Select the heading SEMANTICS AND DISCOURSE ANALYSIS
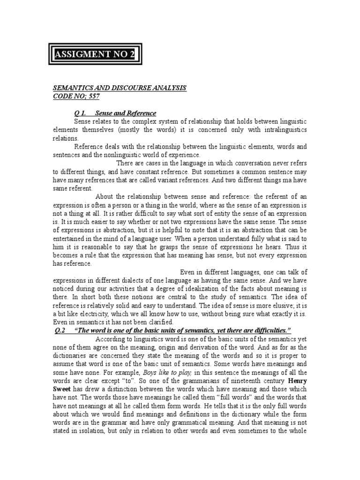coord(119,88)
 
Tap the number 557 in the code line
coord(93,96)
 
